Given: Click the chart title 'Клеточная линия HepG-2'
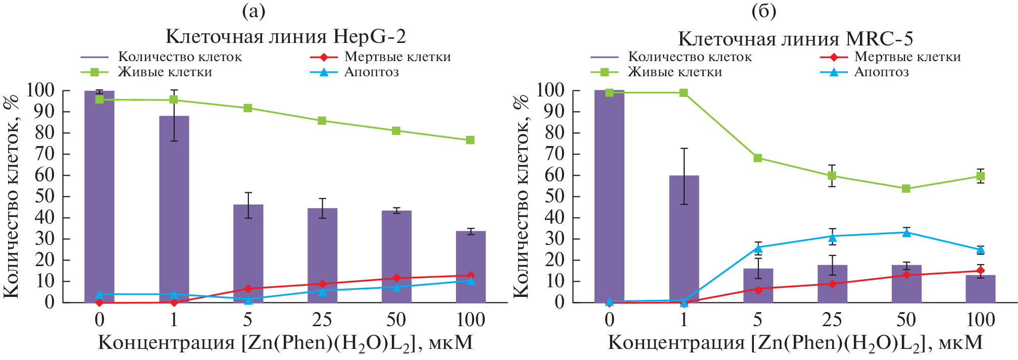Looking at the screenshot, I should [285, 36].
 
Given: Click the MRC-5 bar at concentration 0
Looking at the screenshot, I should [609, 196].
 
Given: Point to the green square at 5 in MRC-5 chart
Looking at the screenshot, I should [758, 158].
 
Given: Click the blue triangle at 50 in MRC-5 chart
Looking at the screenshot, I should [906, 232].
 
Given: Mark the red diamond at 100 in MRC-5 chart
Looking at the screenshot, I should [981, 271].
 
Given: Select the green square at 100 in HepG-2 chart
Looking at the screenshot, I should [471, 140].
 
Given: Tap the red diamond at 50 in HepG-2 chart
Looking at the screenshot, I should [396, 278].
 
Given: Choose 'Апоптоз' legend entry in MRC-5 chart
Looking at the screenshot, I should [881, 72].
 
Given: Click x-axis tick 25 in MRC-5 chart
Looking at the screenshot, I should [832, 320].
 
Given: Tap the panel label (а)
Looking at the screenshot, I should [253, 11].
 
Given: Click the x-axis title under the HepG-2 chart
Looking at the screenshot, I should [285, 343].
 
